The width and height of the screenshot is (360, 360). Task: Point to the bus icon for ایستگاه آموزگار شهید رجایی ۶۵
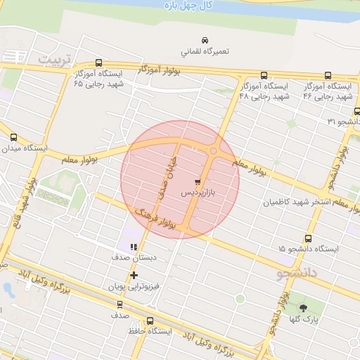pyautogui.click(x=98, y=63)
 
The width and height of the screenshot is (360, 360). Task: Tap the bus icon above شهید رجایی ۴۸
pyautogui.click(x=264, y=75)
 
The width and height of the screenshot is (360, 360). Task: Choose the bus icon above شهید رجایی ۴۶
pyautogui.click(x=328, y=75)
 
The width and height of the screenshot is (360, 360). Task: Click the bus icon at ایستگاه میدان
pyautogui.click(x=13, y=137)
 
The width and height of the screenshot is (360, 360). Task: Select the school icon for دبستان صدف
pyautogui.click(x=134, y=246)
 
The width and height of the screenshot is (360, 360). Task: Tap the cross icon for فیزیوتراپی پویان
pyautogui.click(x=134, y=275)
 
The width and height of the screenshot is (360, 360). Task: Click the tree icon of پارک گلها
pyautogui.click(x=304, y=308)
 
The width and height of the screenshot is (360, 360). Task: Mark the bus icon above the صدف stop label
pyautogui.click(x=119, y=305)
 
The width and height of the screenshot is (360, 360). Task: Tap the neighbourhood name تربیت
pyautogui.click(x=56, y=59)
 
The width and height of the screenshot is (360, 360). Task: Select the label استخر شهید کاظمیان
pyautogui.click(x=296, y=202)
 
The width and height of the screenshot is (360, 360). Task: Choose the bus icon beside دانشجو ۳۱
pyautogui.click(x=356, y=110)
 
